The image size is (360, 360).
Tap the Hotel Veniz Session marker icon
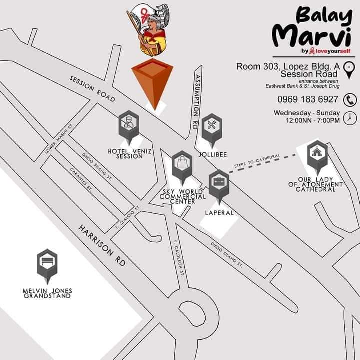coord(129,123)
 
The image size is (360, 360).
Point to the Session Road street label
coord(93,89)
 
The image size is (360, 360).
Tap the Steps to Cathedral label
coord(257,161)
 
